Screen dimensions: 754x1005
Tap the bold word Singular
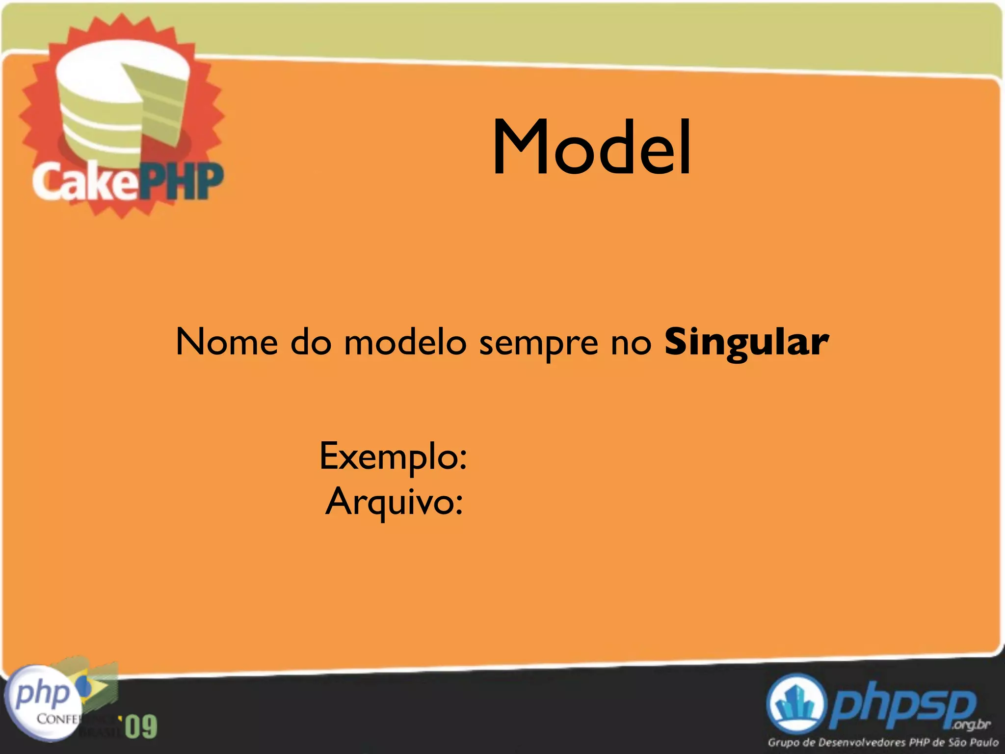[746, 342]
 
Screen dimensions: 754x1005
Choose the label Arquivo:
[394, 502]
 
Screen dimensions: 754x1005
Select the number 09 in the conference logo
[141, 727]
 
